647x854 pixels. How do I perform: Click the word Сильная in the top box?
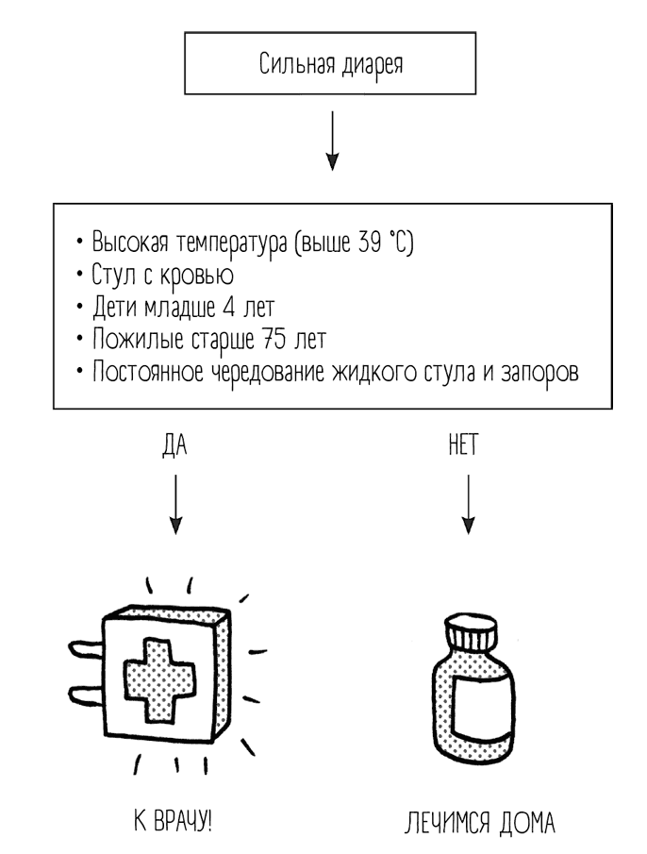292,67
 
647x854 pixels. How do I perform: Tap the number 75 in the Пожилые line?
270,338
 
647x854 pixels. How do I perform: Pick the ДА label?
175,445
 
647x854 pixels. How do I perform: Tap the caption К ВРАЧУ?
173,819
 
